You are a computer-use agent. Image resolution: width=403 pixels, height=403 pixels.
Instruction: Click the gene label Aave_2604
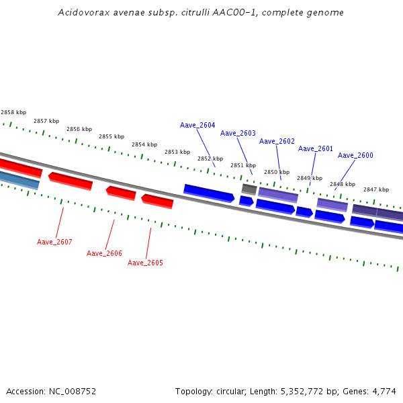(197, 126)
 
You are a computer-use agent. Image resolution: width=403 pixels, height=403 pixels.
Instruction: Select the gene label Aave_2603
(238, 134)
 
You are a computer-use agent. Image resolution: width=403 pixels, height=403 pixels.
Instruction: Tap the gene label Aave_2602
(277, 142)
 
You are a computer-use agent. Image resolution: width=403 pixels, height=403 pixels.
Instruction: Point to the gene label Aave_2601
(316, 149)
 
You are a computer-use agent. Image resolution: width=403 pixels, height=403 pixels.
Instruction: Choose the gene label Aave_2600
(355, 156)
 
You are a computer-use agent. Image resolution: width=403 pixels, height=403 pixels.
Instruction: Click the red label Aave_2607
(54, 242)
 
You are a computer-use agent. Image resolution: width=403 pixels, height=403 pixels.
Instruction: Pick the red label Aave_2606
(104, 254)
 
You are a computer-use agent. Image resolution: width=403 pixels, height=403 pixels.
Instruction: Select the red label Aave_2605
(145, 263)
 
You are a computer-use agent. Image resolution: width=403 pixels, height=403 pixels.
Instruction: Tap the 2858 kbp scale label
(13, 113)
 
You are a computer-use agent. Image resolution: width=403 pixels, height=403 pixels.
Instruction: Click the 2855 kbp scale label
(111, 137)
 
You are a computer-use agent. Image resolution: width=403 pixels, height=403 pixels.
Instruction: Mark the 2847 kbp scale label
(376, 190)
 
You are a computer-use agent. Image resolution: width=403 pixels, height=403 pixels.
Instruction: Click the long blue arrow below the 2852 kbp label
(209, 193)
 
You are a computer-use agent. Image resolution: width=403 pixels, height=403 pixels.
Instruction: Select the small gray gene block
(249, 189)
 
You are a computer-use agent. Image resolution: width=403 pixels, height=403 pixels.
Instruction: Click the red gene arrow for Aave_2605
(157, 201)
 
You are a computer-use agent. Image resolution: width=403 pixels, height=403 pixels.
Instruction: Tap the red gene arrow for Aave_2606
(121, 193)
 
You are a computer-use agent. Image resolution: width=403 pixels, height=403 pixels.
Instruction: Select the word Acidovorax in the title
(81, 13)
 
